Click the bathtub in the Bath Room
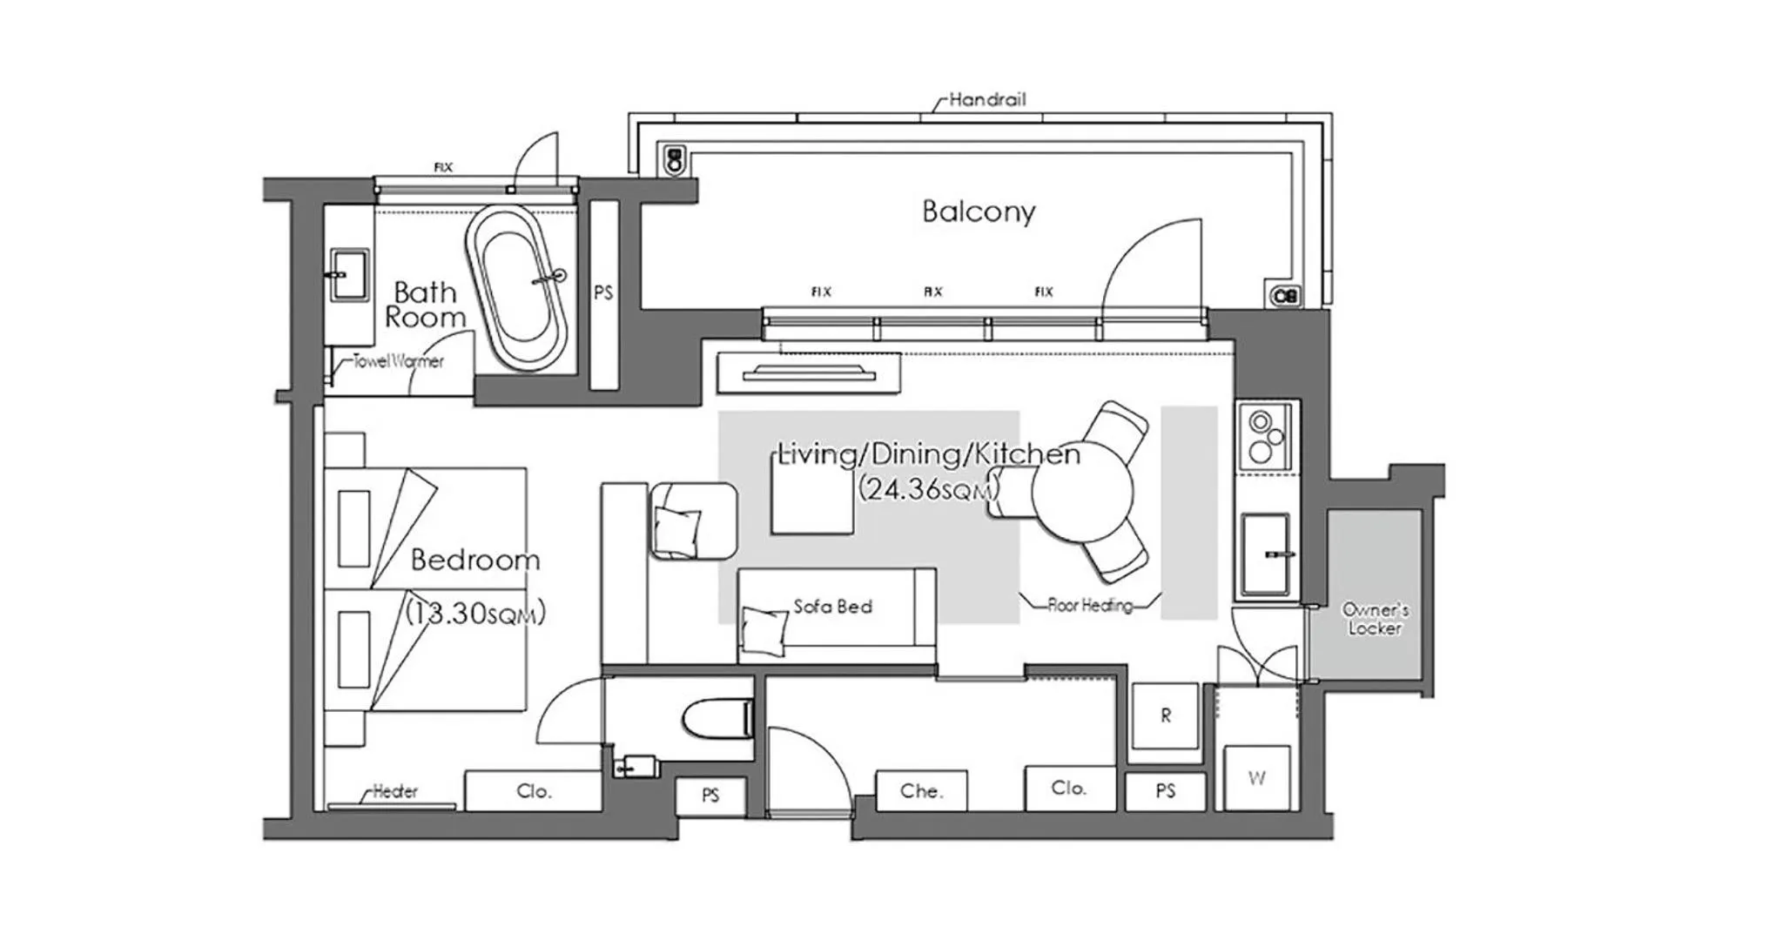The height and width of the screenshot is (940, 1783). [516, 287]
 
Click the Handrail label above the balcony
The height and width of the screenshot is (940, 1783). [986, 99]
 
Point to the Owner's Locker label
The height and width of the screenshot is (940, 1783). [1375, 618]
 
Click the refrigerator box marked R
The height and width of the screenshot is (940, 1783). [1165, 715]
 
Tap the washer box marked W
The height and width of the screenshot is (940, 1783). [1256, 777]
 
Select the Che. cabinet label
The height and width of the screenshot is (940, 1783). [921, 790]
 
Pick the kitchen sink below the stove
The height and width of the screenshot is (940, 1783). [1265, 554]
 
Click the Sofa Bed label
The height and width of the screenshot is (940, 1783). [832, 606]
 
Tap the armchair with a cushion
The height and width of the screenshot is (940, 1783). [692, 520]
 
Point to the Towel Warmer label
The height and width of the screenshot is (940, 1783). [398, 360]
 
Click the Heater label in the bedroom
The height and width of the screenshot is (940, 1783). [394, 790]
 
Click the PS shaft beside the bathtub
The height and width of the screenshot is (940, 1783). [603, 293]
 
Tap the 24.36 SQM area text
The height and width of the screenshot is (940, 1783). [927, 488]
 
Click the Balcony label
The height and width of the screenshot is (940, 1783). [979, 211]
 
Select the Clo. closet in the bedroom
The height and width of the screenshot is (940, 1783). [533, 790]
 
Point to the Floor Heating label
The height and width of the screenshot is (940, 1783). [1090, 604]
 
